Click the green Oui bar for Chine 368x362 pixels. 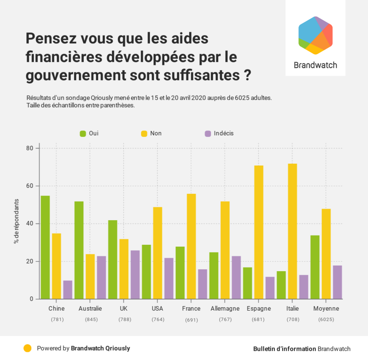pos(45,247)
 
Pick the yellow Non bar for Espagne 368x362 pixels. pos(259,232)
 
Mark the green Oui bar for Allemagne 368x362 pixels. pos(214,275)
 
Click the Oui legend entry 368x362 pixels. pos(89,133)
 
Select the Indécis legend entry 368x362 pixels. pos(219,133)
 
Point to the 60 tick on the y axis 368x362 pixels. pos(29,186)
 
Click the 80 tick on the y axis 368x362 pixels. pos(29,148)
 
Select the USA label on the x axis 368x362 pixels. pos(157,308)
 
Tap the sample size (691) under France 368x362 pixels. pos(191,320)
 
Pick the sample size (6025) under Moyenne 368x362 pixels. pos(326,319)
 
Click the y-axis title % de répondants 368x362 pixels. pos(16,221)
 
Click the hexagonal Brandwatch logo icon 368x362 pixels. pos(315,35)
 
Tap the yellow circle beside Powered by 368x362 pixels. pos(28,349)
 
